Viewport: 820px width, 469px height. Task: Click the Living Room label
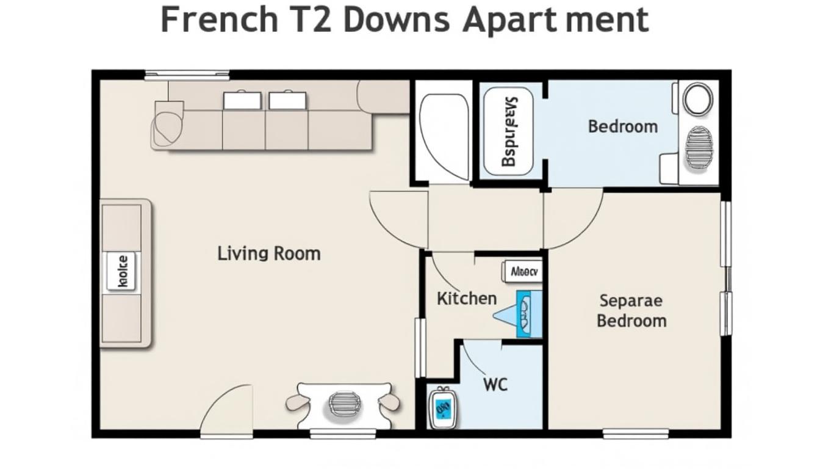(268, 253)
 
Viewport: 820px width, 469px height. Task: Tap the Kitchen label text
(467, 299)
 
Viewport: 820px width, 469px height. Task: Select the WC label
(495, 384)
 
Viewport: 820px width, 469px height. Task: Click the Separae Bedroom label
(631, 310)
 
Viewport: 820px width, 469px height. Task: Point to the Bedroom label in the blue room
(623, 126)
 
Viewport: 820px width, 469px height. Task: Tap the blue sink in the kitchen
(524, 314)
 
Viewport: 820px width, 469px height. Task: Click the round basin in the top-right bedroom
(697, 99)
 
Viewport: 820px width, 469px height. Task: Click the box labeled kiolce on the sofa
(122, 271)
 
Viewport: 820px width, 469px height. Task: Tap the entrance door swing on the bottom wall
(228, 412)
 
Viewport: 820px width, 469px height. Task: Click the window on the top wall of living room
(187, 76)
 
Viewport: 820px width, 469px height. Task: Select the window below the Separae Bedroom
(635, 434)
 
